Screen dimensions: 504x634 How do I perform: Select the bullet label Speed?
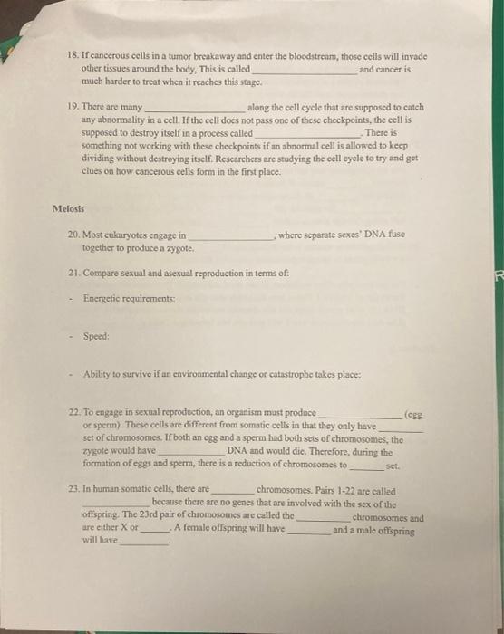click(96, 335)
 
